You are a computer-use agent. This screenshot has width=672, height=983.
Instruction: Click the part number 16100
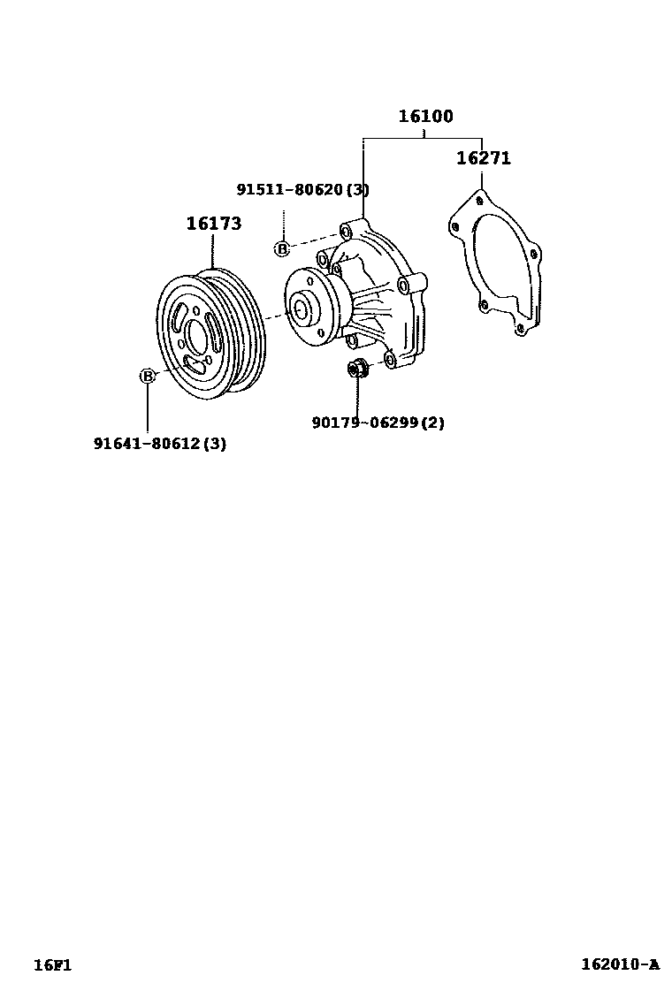[424, 116]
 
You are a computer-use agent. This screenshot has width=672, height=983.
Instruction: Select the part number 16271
[483, 159]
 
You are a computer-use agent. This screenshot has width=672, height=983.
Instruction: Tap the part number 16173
[213, 225]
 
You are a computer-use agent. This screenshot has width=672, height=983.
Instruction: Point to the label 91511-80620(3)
[302, 189]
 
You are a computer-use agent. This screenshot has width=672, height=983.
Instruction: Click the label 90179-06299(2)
[378, 423]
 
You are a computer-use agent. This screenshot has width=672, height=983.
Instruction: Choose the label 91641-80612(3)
[160, 444]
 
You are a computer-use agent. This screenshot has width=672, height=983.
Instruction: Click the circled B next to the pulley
[148, 376]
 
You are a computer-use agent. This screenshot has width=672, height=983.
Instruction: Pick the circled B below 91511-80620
[282, 249]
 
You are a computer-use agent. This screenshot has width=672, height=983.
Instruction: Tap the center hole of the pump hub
[300, 309]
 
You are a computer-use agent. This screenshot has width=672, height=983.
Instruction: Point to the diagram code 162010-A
[620, 964]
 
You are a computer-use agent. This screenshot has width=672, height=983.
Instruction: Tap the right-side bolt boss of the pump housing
[406, 285]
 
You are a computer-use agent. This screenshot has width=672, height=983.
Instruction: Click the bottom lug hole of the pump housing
[390, 359]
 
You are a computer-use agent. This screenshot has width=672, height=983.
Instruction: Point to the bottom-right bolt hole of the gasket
[521, 329]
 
